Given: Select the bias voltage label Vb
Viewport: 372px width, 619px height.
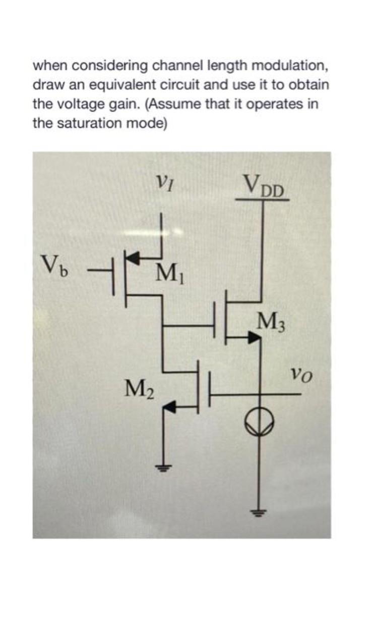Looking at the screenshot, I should click(52, 263).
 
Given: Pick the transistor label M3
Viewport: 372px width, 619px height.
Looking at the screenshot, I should click(271, 321).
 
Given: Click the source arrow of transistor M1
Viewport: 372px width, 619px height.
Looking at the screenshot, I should click(133, 257).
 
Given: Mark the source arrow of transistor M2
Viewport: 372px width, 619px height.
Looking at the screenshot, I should click(171, 405).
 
